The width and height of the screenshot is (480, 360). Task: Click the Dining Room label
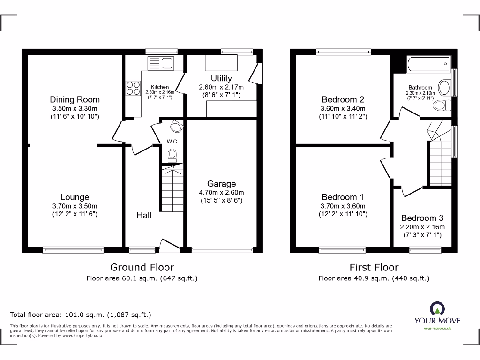click(x=75, y=99)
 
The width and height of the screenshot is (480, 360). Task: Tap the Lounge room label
click(x=75, y=197)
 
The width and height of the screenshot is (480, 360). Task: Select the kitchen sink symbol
click(x=160, y=62)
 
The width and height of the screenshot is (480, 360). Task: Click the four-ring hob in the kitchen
click(x=133, y=88)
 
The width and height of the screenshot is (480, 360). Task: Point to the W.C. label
click(x=172, y=141)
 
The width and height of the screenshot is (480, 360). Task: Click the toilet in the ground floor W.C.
click(x=172, y=155)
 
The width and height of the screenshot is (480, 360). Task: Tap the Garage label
click(x=221, y=184)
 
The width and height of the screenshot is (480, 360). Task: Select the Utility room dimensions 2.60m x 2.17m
click(x=221, y=87)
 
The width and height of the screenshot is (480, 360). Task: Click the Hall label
click(x=144, y=215)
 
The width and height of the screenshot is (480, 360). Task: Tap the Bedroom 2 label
click(x=343, y=99)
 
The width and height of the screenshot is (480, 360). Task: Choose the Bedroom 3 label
click(x=422, y=218)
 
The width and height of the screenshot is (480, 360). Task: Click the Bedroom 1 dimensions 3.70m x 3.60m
click(x=343, y=206)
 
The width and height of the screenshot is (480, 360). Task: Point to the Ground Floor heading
click(x=142, y=267)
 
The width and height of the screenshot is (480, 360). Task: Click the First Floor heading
click(x=374, y=267)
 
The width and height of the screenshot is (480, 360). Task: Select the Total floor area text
click(x=81, y=315)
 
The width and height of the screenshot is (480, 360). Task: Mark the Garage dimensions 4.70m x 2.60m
click(x=221, y=192)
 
